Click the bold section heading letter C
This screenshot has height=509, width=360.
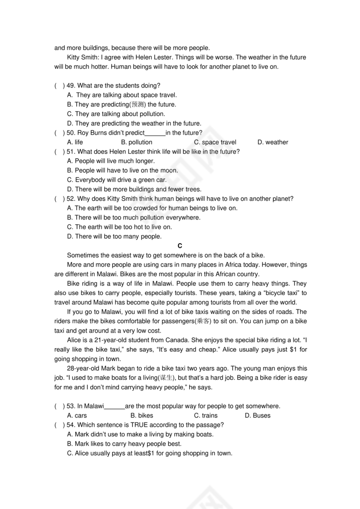point(180,246)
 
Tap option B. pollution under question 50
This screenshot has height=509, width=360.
point(137,142)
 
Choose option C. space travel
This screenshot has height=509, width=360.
point(215,142)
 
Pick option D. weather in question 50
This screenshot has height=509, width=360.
point(272,142)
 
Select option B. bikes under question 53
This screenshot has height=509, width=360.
point(142,415)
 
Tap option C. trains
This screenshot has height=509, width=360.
point(206,415)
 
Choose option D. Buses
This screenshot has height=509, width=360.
point(258,415)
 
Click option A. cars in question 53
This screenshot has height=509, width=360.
point(77,415)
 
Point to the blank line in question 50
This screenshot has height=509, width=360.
point(155,134)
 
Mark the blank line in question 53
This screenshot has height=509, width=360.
point(115,407)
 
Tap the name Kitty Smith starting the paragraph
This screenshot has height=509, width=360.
point(82,57)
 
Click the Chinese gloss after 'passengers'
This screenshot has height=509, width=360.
point(203,321)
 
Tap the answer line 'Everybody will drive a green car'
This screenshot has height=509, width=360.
point(117,180)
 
